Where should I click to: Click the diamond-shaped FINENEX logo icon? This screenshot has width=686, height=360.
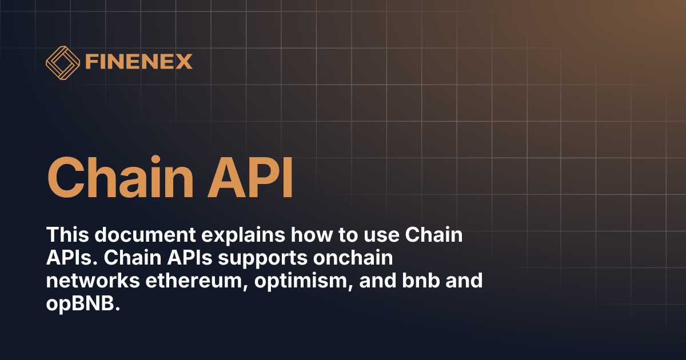tap(62, 61)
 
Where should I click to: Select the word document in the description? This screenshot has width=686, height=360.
tap(138, 235)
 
